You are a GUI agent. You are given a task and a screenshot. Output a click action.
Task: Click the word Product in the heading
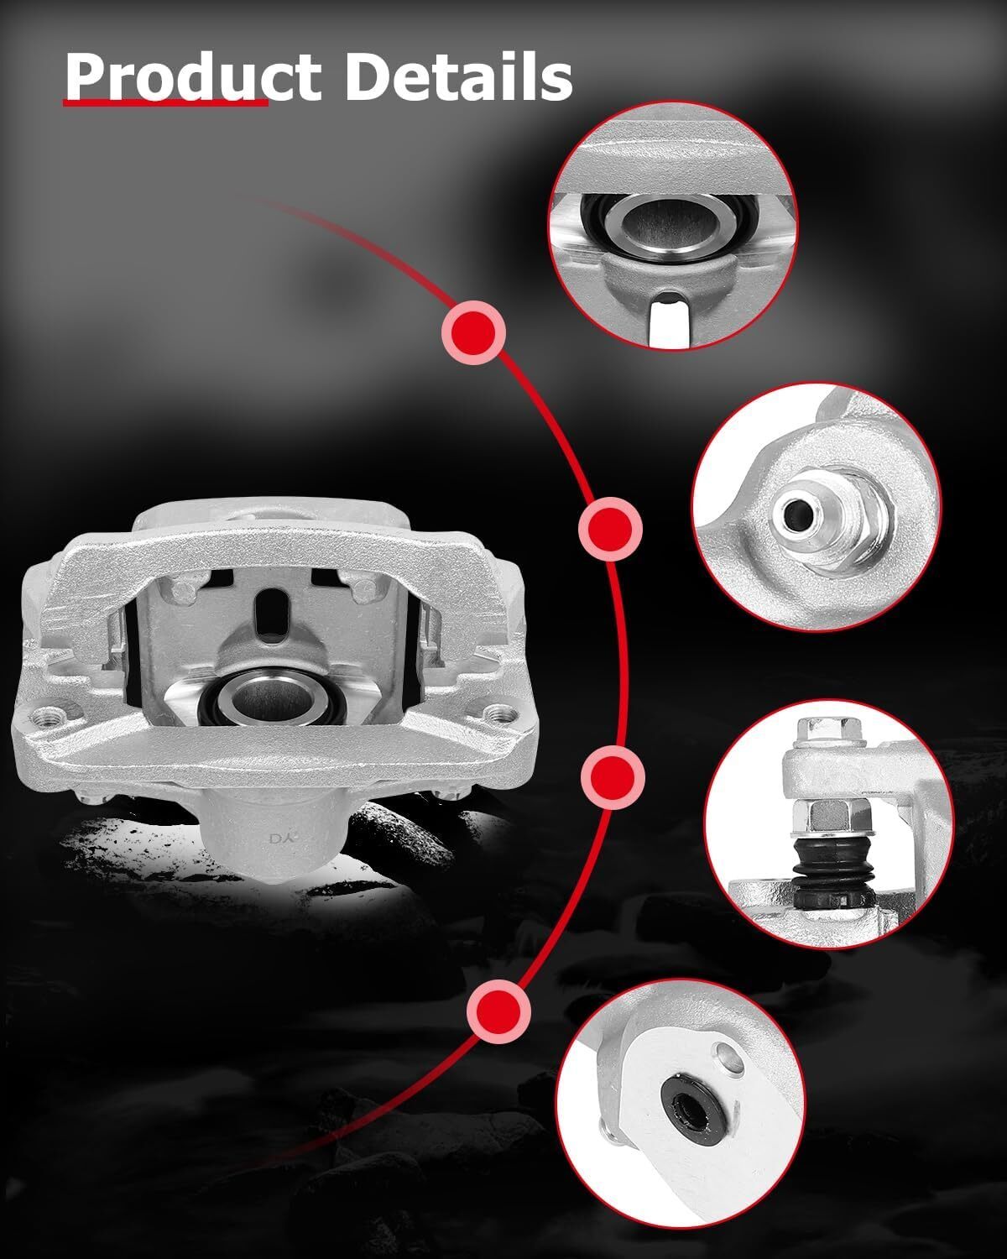pos(193,76)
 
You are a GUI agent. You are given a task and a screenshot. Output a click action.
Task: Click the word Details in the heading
pos(458,76)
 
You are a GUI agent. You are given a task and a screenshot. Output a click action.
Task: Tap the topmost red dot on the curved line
pos(473,332)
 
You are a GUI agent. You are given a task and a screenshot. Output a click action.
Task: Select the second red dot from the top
pos(611,529)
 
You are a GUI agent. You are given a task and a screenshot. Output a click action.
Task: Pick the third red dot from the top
pos(613,777)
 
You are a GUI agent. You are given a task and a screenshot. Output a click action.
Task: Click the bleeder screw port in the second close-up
pos(797,515)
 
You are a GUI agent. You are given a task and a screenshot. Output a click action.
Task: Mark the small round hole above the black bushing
pos(728,1057)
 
